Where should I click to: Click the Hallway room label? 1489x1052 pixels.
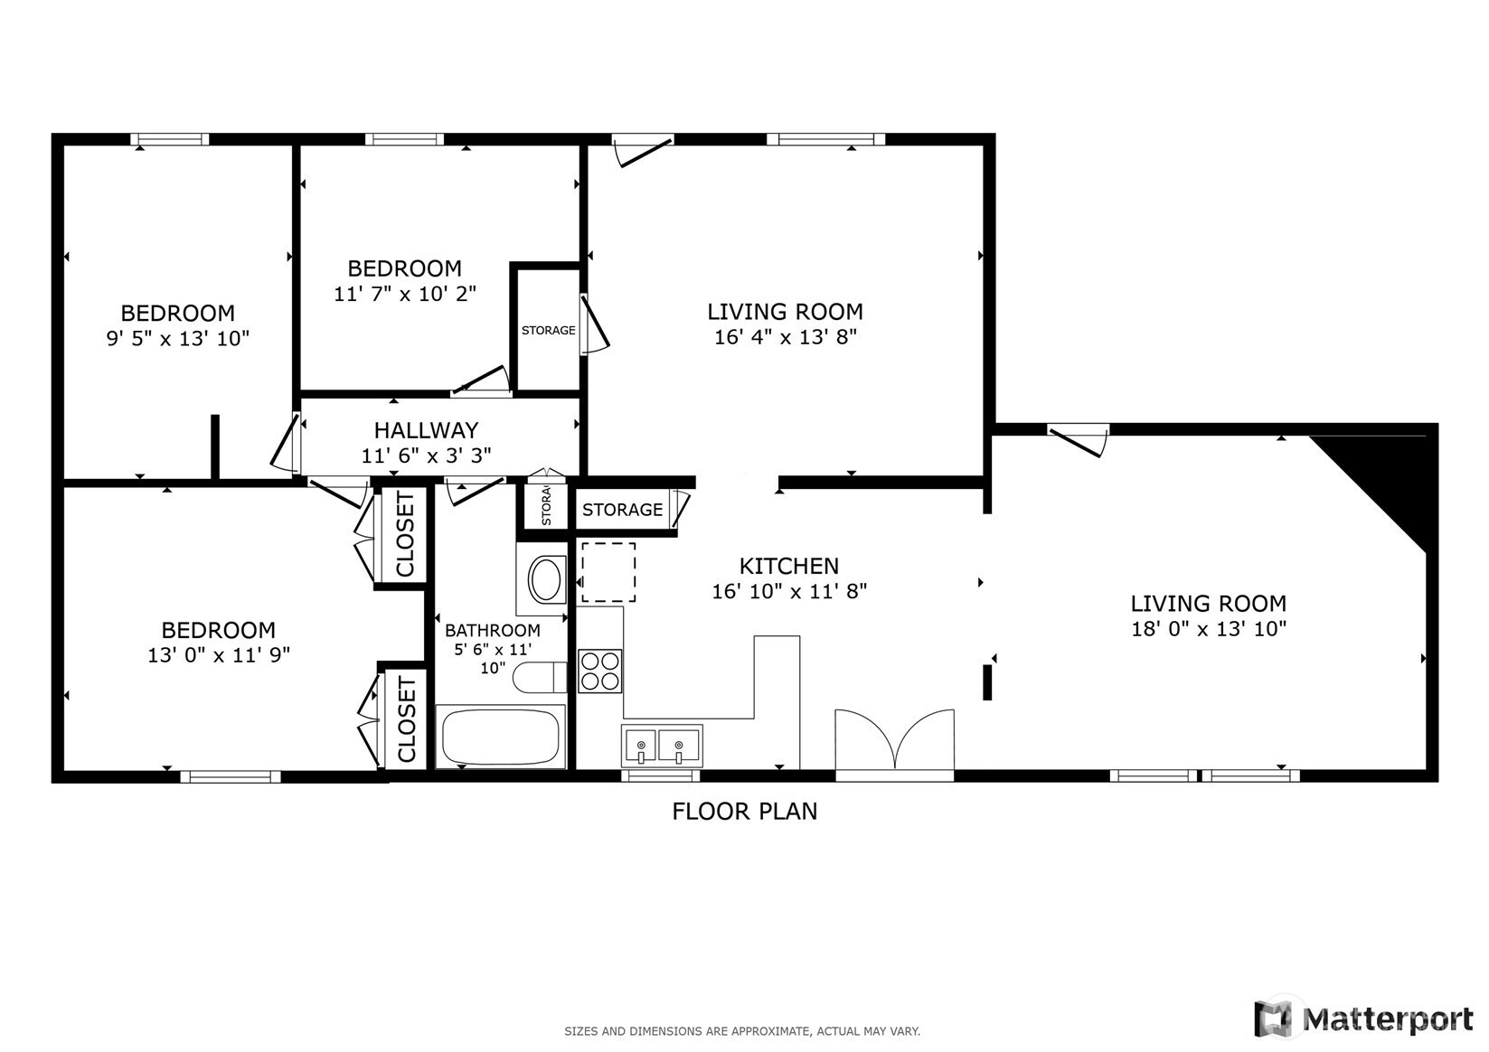coord(426,430)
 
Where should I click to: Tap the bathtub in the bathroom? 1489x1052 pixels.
coord(501,736)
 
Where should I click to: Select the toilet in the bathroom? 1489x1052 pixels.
coord(539,677)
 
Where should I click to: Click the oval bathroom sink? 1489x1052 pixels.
coord(545,580)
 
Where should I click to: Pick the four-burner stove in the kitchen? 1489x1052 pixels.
coord(599,671)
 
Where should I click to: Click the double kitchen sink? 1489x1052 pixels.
coord(661,747)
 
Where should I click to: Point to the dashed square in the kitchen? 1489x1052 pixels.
coord(608,572)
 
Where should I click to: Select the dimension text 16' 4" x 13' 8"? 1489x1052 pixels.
coord(785,337)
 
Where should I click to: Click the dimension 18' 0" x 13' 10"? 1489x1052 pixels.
coord(1208,629)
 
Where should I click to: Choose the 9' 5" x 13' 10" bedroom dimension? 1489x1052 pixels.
coord(177,339)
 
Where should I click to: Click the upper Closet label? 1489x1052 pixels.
coord(404,535)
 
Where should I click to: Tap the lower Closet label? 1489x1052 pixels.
coord(405,719)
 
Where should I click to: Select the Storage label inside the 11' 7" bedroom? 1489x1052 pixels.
coord(548,331)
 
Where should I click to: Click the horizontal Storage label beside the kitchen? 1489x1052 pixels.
coord(622,510)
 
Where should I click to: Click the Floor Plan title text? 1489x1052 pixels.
coord(744,812)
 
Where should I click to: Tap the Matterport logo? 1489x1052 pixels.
coord(1363,1019)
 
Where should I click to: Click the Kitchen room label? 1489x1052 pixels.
coord(788,567)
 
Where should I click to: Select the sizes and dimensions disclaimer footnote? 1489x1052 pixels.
coord(742,1031)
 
